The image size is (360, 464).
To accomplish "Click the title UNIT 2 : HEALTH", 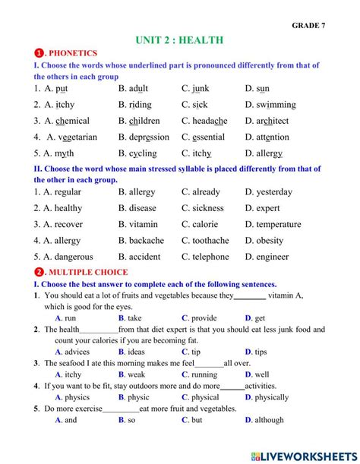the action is [x=179, y=40].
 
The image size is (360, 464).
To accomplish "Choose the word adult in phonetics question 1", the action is [x=137, y=89].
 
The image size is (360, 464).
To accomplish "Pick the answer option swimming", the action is [x=276, y=105].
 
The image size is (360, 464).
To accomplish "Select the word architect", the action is [x=272, y=121].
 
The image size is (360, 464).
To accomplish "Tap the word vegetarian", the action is [x=77, y=137].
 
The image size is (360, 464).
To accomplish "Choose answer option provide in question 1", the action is [x=204, y=318].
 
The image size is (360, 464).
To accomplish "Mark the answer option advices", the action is [x=77, y=352].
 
